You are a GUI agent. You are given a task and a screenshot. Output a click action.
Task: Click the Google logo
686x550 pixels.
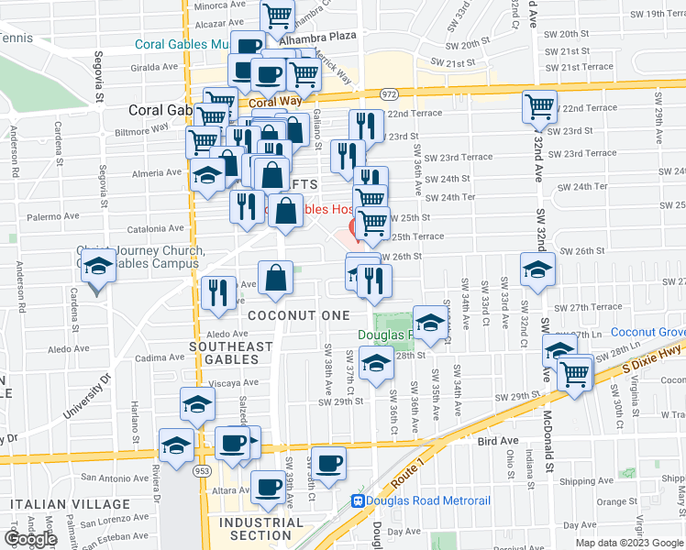(31, 539)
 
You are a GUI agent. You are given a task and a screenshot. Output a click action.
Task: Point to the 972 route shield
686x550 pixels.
(389, 94)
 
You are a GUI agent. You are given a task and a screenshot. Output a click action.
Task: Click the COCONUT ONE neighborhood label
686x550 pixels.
(299, 315)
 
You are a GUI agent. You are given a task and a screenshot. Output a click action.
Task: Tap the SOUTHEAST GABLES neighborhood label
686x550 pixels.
(231, 353)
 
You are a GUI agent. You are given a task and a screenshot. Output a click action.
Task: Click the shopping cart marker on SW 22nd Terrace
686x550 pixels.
(540, 106)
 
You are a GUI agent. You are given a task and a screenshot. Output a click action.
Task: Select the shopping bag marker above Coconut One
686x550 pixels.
(275, 278)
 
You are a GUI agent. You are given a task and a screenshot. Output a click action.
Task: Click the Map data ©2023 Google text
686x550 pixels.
(629, 542)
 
